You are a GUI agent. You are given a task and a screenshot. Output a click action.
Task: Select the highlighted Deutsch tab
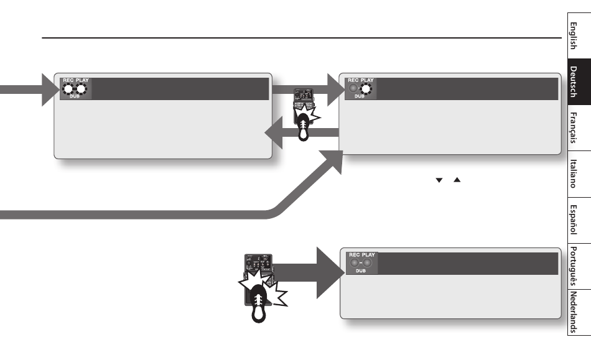[579, 81]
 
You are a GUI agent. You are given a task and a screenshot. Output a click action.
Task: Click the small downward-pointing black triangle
[439, 180]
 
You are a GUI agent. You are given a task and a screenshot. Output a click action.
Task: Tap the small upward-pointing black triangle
[457, 180]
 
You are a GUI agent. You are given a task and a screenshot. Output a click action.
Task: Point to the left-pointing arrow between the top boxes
[302, 132]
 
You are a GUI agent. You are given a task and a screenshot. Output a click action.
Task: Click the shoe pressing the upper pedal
[304, 127]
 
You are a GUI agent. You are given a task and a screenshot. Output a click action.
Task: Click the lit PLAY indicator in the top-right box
[366, 89]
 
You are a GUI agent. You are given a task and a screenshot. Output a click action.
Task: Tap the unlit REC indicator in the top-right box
[353, 88]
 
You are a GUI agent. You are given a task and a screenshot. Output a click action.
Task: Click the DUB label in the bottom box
[361, 270]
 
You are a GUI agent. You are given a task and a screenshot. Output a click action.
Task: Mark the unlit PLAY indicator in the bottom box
[367, 262]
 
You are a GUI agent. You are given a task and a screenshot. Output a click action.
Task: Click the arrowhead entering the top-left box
[50, 90]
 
